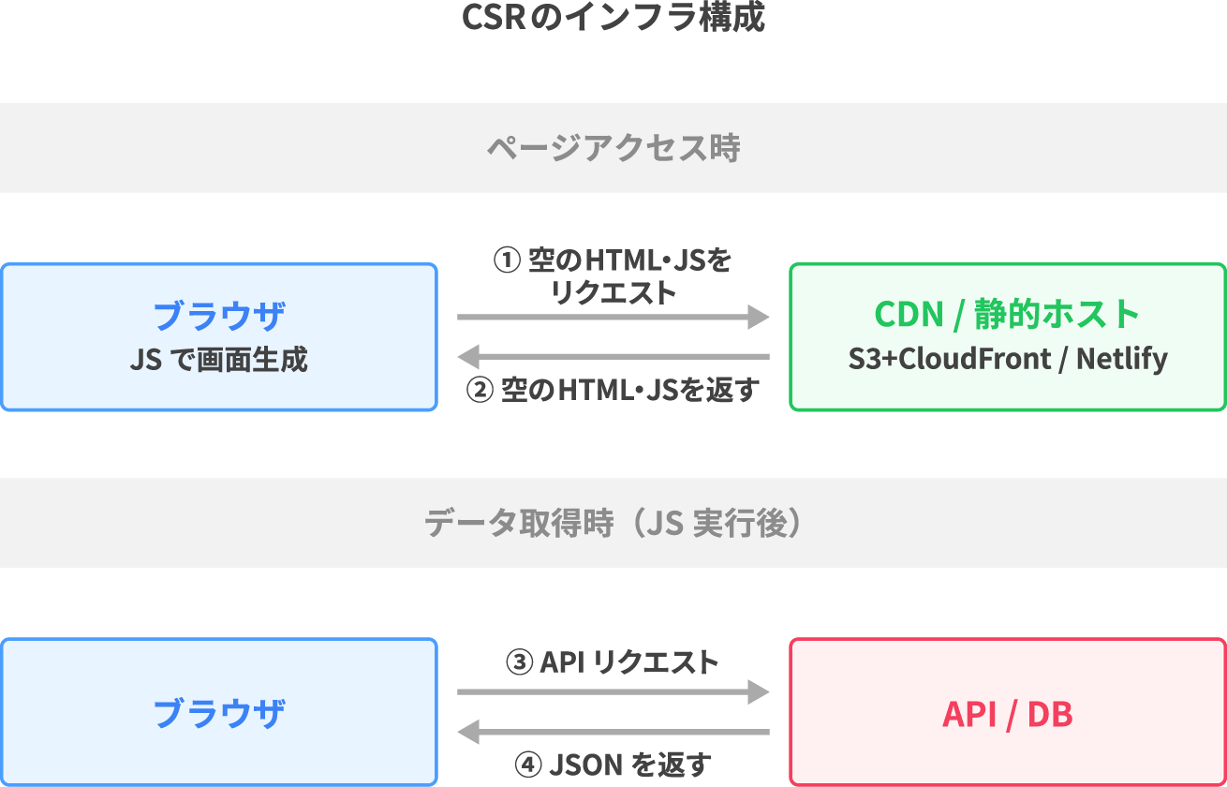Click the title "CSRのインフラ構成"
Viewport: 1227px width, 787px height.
[x=613, y=19]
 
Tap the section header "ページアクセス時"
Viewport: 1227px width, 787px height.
[x=613, y=148]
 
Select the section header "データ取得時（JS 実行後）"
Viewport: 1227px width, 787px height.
[x=613, y=523]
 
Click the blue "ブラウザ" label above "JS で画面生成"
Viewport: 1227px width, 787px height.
[x=218, y=316]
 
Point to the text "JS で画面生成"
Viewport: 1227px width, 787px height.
[x=218, y=360]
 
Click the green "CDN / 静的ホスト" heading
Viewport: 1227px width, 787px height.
[x=1007, y=314]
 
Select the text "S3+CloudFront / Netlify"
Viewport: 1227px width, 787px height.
[x=1007, y=359]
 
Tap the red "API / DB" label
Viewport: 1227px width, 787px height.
[x=1007, y=714]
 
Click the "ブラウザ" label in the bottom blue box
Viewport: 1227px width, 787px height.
[x=218, y=714]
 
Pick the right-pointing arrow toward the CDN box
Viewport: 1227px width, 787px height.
[x=613, y=318]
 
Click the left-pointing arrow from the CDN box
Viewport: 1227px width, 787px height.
[x=613, y=356]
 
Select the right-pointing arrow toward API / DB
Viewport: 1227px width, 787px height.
[x=613, y=692]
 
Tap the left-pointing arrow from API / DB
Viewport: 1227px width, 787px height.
[x=613, y=731]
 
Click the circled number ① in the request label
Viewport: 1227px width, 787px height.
[x=506, y=260]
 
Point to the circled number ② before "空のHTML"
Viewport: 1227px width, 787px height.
[x=480, y=390]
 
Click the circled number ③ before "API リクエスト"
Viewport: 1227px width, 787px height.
[x=519, y=663]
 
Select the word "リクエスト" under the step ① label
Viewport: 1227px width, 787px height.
[x=613, y=292]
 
